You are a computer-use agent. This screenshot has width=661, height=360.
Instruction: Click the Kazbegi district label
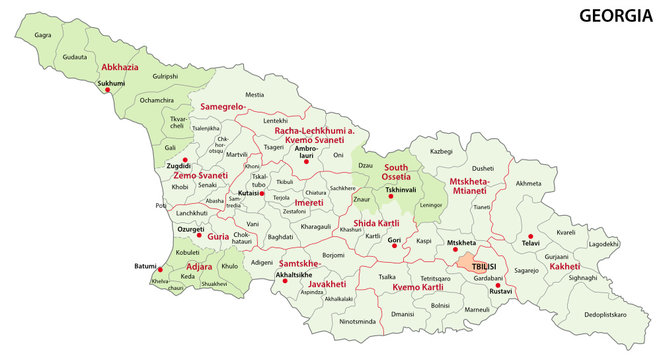coord(441,150)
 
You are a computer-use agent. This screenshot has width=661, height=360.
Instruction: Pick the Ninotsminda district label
coord(358,322)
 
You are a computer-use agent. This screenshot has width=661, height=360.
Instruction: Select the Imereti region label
coord(308,202)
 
